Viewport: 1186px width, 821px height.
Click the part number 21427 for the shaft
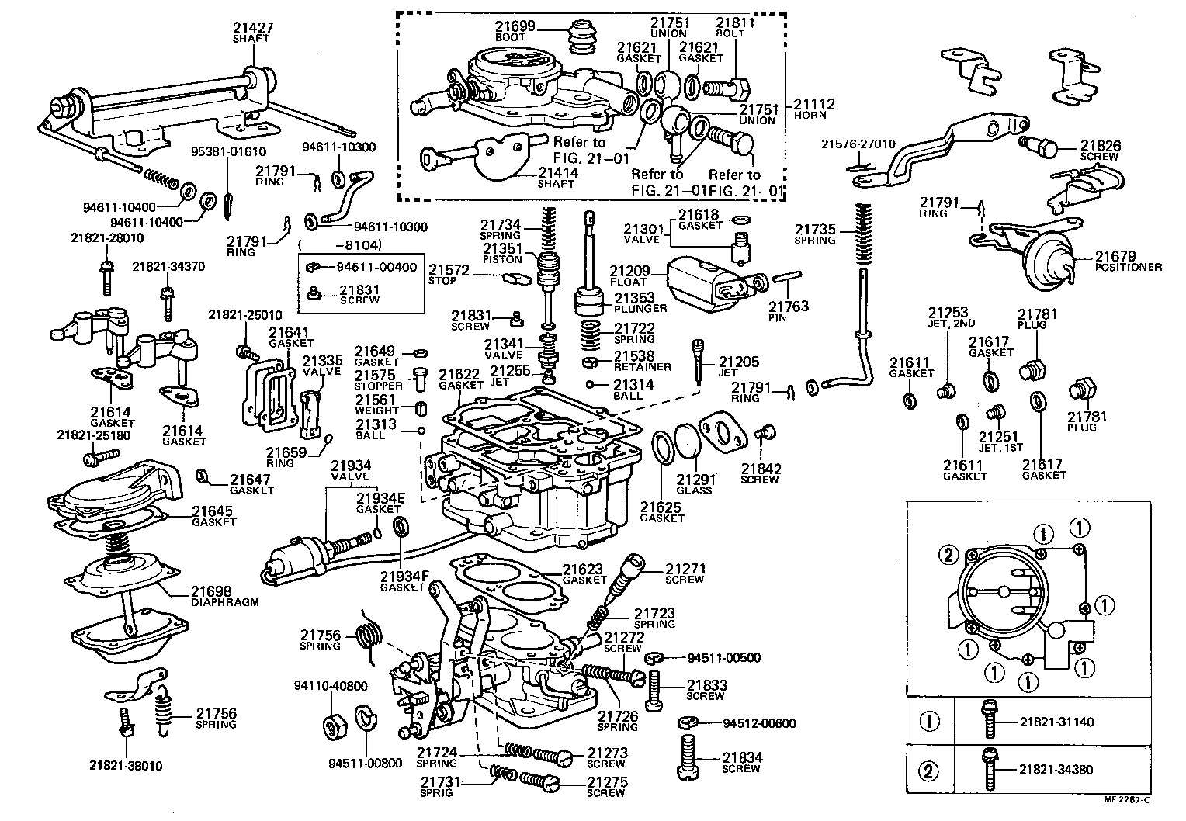coord(252,28)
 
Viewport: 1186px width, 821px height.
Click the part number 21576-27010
coord(858,144)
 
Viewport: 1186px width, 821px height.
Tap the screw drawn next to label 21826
coord(1043,145)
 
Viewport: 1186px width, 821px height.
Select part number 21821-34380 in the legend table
coord(1056,771)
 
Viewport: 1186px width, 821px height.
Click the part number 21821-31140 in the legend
coord(1056,722)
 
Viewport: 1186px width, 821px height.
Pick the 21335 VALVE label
coord(321,365)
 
